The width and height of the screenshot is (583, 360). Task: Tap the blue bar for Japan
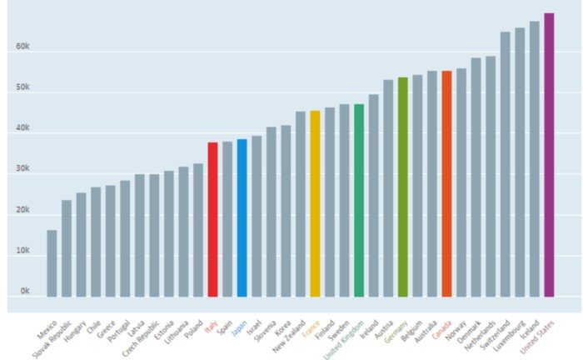(x=242, y=217)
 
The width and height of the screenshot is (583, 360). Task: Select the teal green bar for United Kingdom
(x=359, y=200)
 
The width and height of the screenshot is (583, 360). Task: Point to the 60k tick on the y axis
(x=22, y=47)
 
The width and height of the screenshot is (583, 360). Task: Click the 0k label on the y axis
(x=25, y=292)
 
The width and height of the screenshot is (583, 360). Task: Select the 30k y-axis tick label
(x=22, y=169)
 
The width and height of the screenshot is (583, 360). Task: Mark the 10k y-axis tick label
(x=22, y=251)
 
